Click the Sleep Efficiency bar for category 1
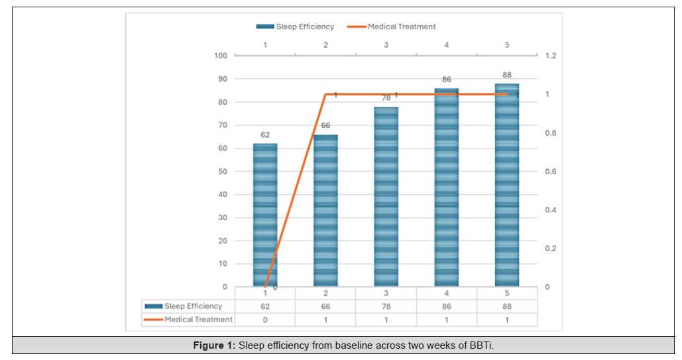pyautogui.click(x=265, y=215)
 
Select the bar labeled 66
pyautogui.click(x=325, y=211)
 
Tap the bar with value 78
pyautogui.click(x=386, y=197)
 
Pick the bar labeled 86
pyautogui.click(x=446, y=188)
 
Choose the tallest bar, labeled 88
pyautogui.click(x=507, y=185)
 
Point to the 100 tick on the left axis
pyautogui.click(x=221, y=56)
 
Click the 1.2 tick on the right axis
pyautogui.click(x=550, y=56)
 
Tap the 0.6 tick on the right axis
pyautogui.click(x=550, y=172)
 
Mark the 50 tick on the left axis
pyautogui.click(x=223, y=172)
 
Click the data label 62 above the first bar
pyautogui.click(x=265, y=135)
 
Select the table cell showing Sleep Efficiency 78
pyautogui.click(x=386, y=306)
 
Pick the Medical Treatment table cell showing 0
pyautogui.click(x=265, y=320)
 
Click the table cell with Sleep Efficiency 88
pyautogui.click(x=507, y=306)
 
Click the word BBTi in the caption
pyautogui.click(x=481, y=345)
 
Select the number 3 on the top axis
pyautogui.click(x=386, y=45)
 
